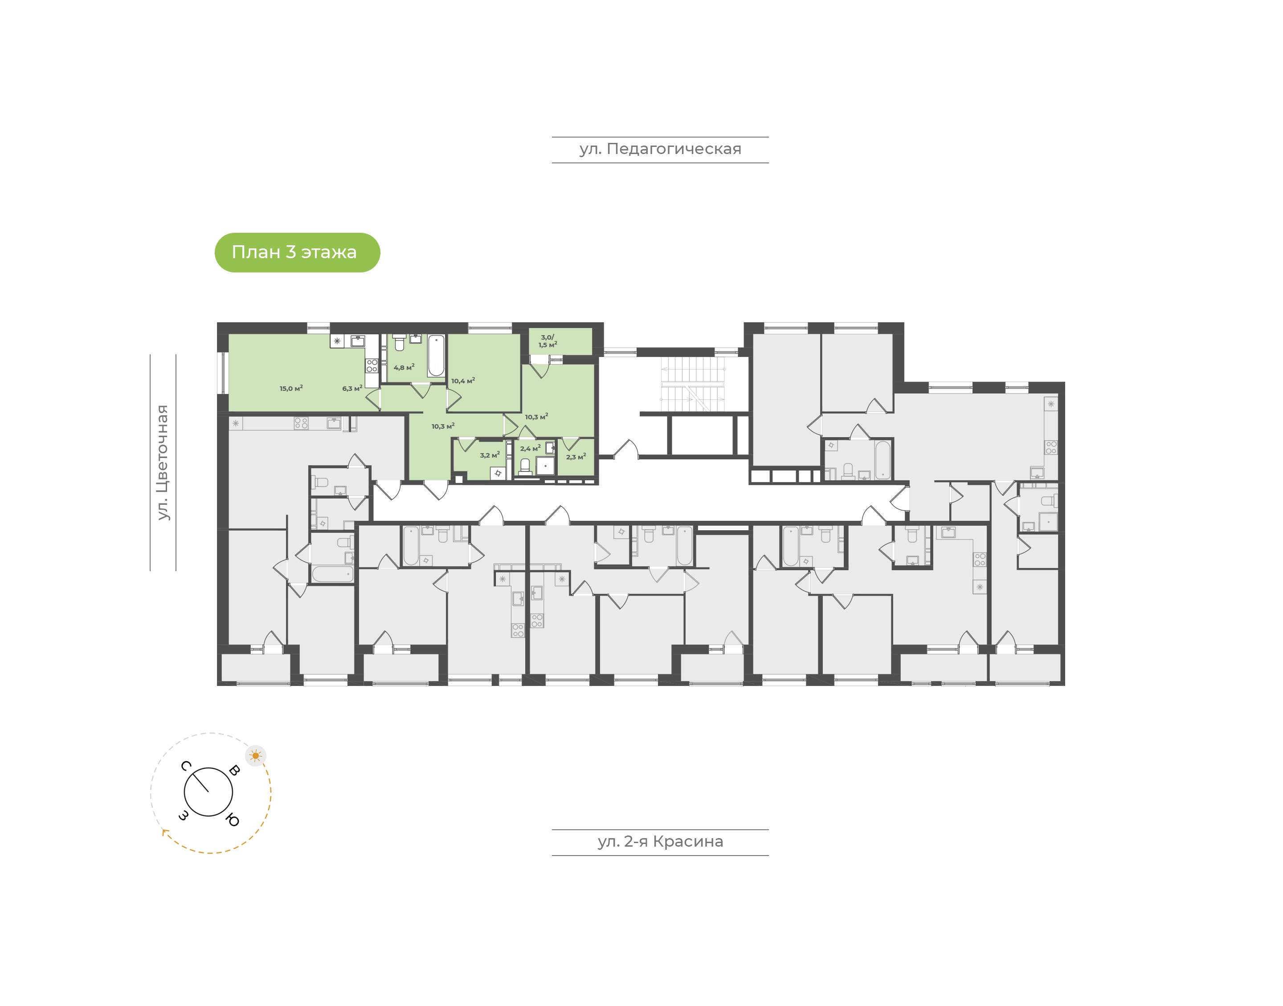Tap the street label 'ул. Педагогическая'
point(660,149)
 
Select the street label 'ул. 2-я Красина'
point(660,842)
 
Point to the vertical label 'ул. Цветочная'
point(163,462)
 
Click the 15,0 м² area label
point(291,388)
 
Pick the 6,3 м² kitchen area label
point(352,388)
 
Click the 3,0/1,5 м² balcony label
point(548,341)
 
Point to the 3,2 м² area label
point(490,454)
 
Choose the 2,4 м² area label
point(530,448)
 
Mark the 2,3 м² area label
point(576,456)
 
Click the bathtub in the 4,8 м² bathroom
point(436,355)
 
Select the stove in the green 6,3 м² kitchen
point(371,365)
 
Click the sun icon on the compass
point(255,756)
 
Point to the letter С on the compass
point(186,766)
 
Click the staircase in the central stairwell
point(692,383)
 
